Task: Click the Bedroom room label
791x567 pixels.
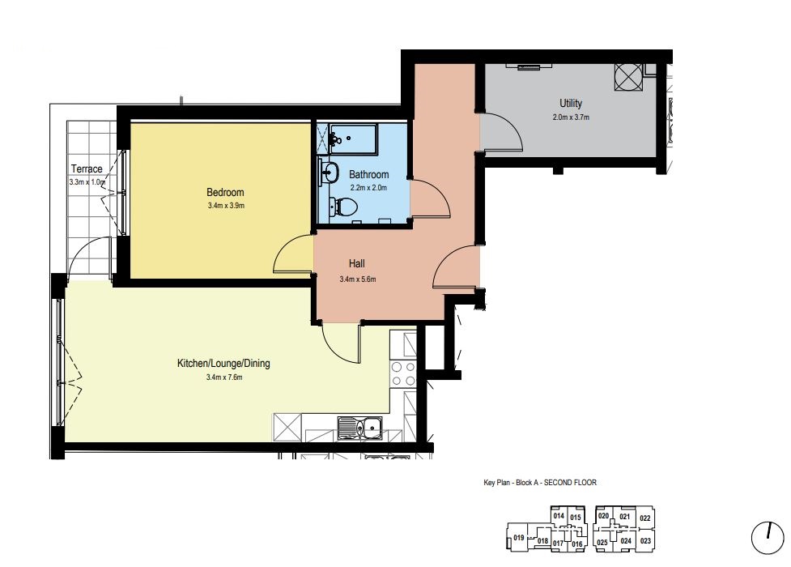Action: [225, 192]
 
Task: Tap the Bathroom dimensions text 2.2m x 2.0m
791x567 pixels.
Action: [368, 188]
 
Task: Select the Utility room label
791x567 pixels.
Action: [571, 104]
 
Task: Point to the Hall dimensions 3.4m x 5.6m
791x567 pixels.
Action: [358, 279]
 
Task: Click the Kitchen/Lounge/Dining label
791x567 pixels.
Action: [223, 364]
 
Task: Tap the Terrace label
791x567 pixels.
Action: [87, 169]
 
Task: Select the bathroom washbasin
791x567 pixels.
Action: [329, 172]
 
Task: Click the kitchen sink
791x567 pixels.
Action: [360, 428]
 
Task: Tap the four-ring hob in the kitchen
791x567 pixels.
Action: [403, 374]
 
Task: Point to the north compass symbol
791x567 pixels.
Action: [768, 538]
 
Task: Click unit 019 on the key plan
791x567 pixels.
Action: [519, 538]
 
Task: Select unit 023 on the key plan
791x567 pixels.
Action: [645, 541]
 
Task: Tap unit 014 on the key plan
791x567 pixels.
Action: [559, 516]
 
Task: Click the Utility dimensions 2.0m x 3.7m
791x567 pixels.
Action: [571, 117]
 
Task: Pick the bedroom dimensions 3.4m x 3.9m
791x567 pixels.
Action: [226, 206]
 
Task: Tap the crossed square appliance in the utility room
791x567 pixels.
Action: [628, 77]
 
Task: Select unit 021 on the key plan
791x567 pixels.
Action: [625, 517]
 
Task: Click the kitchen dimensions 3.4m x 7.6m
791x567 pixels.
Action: [224, 377]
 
